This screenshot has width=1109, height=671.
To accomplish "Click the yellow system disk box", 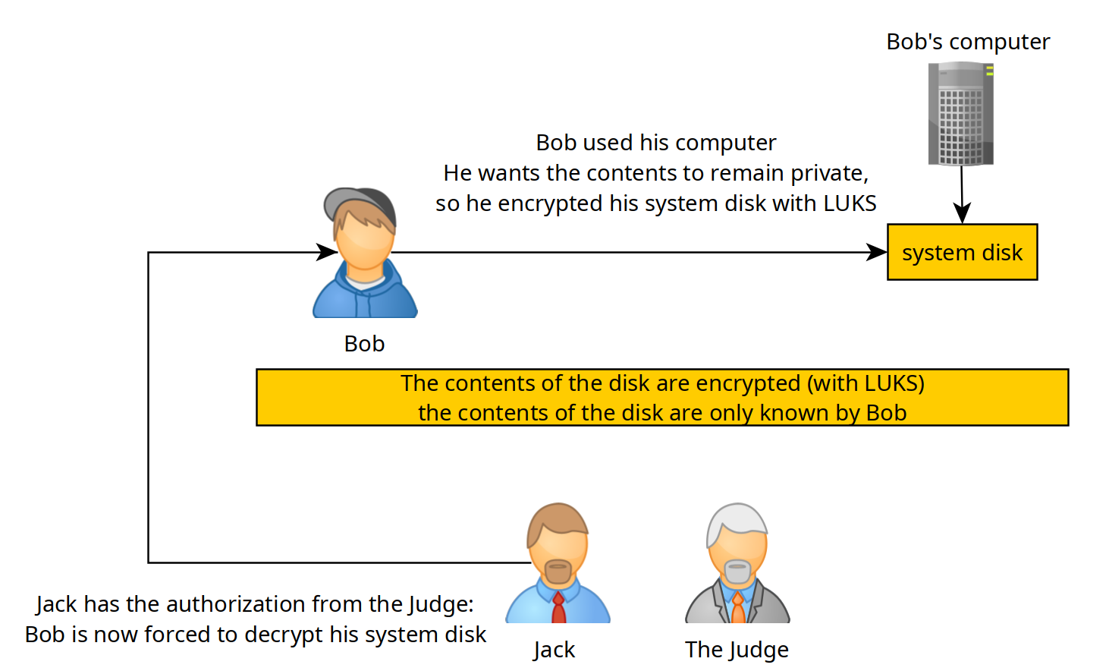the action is pos(962,252).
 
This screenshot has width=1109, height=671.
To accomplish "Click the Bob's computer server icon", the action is pos(960,114).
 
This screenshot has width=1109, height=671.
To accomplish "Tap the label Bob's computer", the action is pos(968,42).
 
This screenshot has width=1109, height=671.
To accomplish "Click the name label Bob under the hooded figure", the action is pos(364,343).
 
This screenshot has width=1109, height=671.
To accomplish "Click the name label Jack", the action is pos(554,650).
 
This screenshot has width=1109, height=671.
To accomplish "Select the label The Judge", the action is pos(737,650).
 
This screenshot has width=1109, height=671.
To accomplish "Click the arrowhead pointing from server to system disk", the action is pos(962,213).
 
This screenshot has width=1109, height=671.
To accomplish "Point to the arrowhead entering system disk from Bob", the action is pos(876,252).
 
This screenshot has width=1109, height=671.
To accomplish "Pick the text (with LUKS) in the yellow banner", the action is pos(866,383).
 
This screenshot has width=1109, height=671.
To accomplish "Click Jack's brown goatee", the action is pos(558,572).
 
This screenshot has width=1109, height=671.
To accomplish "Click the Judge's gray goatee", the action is pos(737,572).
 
